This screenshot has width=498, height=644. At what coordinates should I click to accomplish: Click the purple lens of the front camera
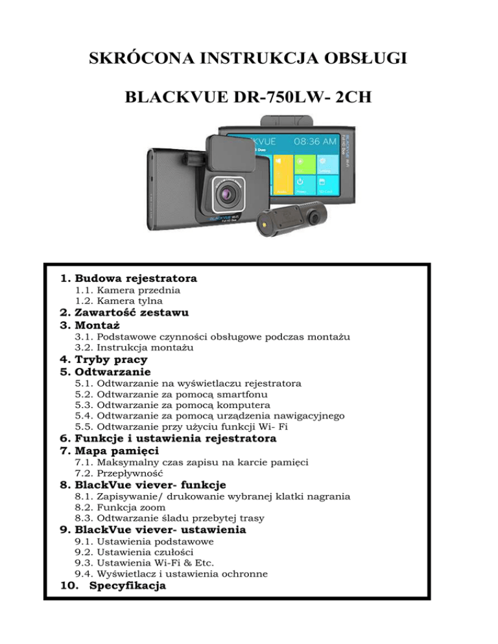coord(228,192)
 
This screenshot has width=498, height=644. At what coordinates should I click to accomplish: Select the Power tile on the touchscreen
coord(303,183)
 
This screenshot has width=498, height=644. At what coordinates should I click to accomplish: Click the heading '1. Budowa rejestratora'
coord(128,279)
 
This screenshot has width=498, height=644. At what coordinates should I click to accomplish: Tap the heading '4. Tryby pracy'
coord(104,360)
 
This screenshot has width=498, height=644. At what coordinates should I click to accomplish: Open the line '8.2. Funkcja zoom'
coord(121,507)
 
